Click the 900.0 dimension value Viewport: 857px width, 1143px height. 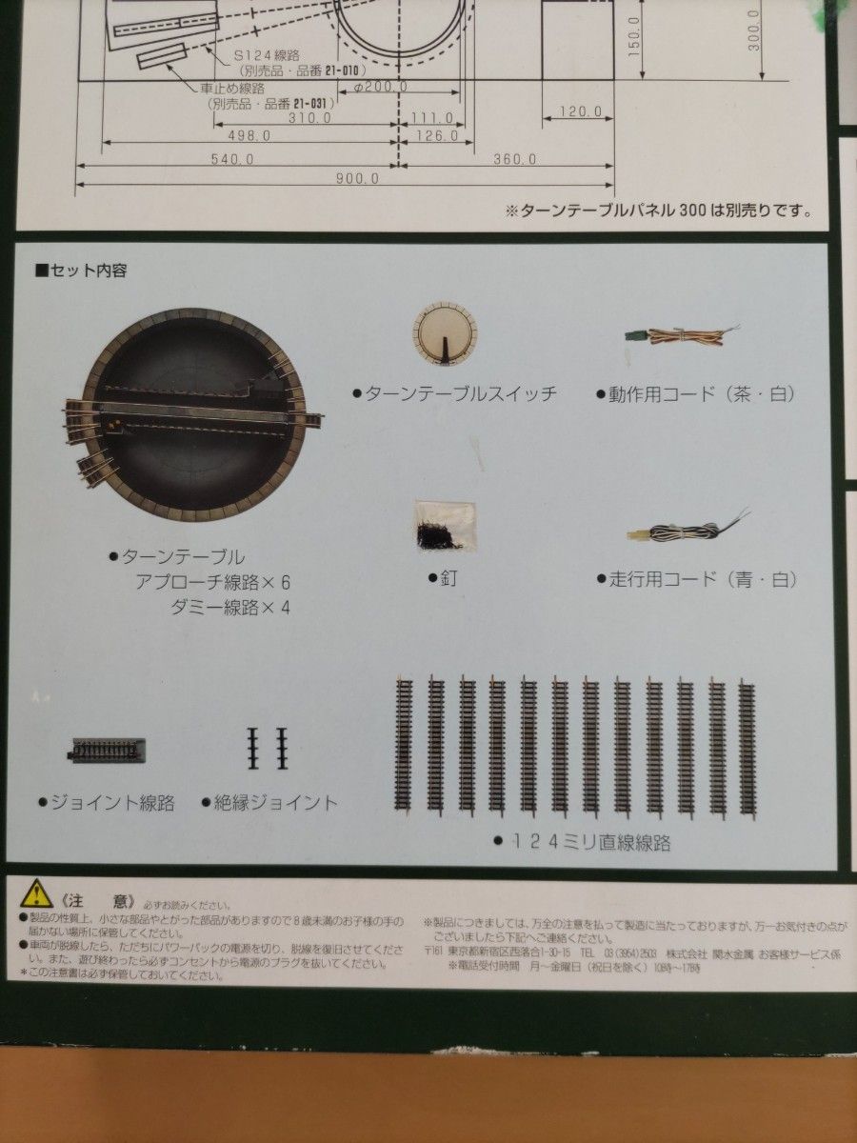pos(357,178)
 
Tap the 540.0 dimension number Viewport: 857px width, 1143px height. pos(231,159)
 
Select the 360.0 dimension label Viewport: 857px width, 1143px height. pos(514,159)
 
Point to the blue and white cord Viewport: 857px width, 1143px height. pos(686,527)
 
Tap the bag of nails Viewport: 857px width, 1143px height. pos(445,526)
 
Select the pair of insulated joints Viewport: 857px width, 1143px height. pos(268,749)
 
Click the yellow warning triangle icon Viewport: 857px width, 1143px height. pos(37,893)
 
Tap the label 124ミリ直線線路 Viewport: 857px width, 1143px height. pos(583,842)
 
